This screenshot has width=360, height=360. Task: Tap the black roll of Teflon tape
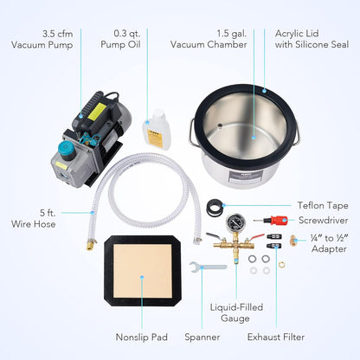coord(215,207)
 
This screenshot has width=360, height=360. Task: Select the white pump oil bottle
coord(157,130)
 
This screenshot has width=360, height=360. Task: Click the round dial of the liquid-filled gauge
coord(236,222)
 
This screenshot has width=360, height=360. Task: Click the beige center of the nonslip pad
coord(143,271)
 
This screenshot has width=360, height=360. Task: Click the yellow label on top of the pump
coord(97,112)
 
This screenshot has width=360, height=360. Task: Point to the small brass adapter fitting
coord(293,240)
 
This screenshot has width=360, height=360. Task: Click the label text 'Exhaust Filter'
coord(276,337)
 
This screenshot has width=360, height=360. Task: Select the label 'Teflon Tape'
coord(323,206)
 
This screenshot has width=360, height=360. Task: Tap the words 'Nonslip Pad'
coord(141,337)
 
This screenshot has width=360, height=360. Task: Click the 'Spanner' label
coord(202,337)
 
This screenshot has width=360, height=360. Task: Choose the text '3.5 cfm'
coord(58,34)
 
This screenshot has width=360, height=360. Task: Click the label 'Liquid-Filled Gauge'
coord(236,312)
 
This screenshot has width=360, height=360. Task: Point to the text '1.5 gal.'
coord(232,34)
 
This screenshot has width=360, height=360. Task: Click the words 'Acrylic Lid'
coord(297,34)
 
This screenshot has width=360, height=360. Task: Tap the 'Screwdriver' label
coord(324,221)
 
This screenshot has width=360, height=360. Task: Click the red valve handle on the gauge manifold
coord(257,237)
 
